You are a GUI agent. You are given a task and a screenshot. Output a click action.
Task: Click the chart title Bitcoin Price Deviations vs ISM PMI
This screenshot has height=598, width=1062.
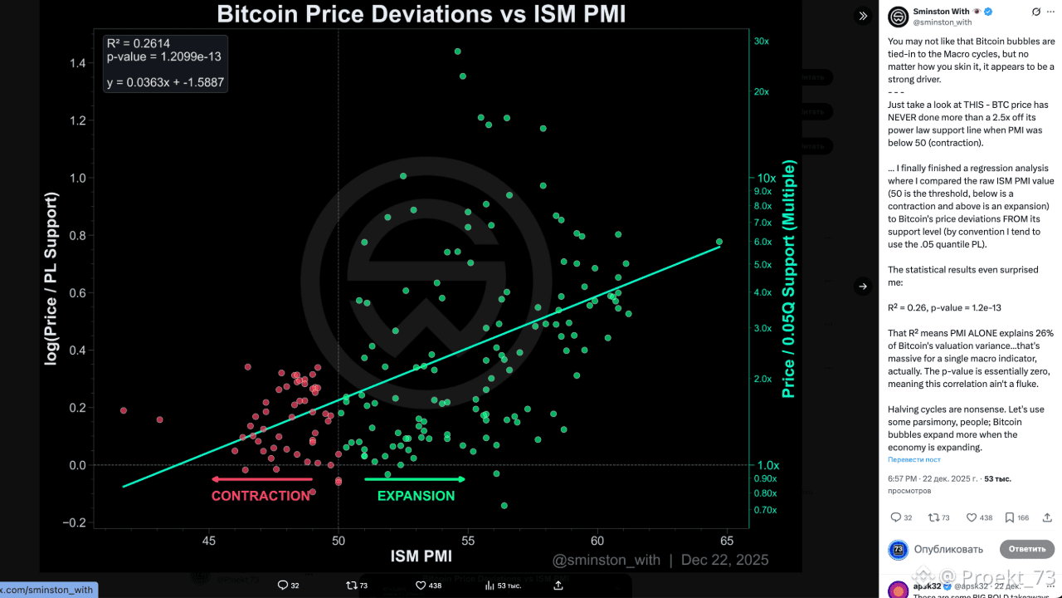tap(421, 14)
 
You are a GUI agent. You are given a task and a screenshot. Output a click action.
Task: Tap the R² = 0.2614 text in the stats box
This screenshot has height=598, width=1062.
tap(139, 43)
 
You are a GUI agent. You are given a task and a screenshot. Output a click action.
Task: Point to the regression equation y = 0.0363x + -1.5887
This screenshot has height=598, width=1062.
tap(165, 82)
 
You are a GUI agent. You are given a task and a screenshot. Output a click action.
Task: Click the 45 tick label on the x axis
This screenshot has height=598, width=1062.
tap(209, 541)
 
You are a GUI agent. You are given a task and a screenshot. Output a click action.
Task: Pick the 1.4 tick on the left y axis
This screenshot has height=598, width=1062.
tap(78, 63)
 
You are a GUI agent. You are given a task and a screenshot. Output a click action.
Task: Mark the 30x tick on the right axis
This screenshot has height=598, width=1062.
tap(761, 41)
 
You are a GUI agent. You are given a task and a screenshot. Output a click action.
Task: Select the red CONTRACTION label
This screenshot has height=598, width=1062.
tap(261, 496)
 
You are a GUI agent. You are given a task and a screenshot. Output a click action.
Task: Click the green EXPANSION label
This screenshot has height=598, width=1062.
tap(416, 496)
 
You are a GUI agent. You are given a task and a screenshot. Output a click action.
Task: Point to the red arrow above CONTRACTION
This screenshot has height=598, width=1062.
tap(261, 479)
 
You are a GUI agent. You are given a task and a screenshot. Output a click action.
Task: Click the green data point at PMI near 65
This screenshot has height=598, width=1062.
tap(719, 242)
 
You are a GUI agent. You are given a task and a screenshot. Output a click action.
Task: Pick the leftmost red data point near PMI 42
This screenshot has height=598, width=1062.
tap(124, 410)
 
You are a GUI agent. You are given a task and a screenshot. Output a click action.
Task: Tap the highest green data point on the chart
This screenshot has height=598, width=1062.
tap(457, 51)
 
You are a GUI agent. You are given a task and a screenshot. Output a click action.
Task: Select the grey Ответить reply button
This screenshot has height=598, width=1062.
tap(1026, 549)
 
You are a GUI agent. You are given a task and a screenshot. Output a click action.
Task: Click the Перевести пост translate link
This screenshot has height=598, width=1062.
tap(914, 459)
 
